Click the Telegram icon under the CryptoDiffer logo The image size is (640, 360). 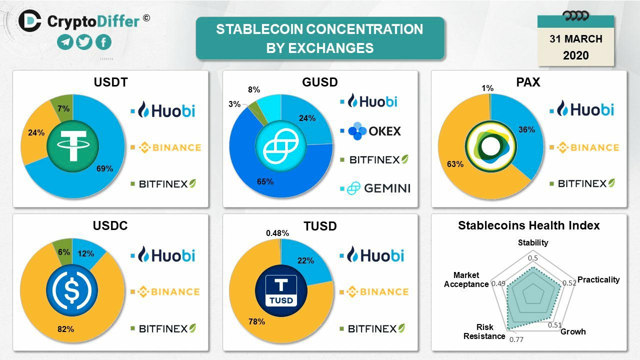[x=65, y=42]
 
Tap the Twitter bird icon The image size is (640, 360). [x=84, y=42]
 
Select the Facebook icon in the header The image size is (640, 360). [x=103, y=42]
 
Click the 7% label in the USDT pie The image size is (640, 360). [x=63, y=108]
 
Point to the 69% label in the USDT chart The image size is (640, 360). [x=104, y=168]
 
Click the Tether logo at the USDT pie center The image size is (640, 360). [x=72, y=146]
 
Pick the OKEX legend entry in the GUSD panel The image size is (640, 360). [x=370, y=131]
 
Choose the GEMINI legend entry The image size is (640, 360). [x=375, y=188]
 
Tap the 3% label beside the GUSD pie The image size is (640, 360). [x=234, y=104]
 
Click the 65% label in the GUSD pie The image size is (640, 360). [x=265, y=181]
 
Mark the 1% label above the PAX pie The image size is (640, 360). [x=487, y=88]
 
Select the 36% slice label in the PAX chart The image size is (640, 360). [x=527, y=129]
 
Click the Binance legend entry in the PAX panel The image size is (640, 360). [x=584, y=147]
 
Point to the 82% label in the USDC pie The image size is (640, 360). [x=65, y=329]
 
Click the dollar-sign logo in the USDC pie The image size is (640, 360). [x=72, y=290]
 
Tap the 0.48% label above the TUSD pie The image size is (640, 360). [x=277, y=233]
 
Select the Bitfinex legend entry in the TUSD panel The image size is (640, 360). [x=372, y=328]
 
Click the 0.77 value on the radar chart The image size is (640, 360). [x=516, y=339]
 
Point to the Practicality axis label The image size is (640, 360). [x=598, y=279]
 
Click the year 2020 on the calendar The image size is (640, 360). [x=575, y=55]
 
